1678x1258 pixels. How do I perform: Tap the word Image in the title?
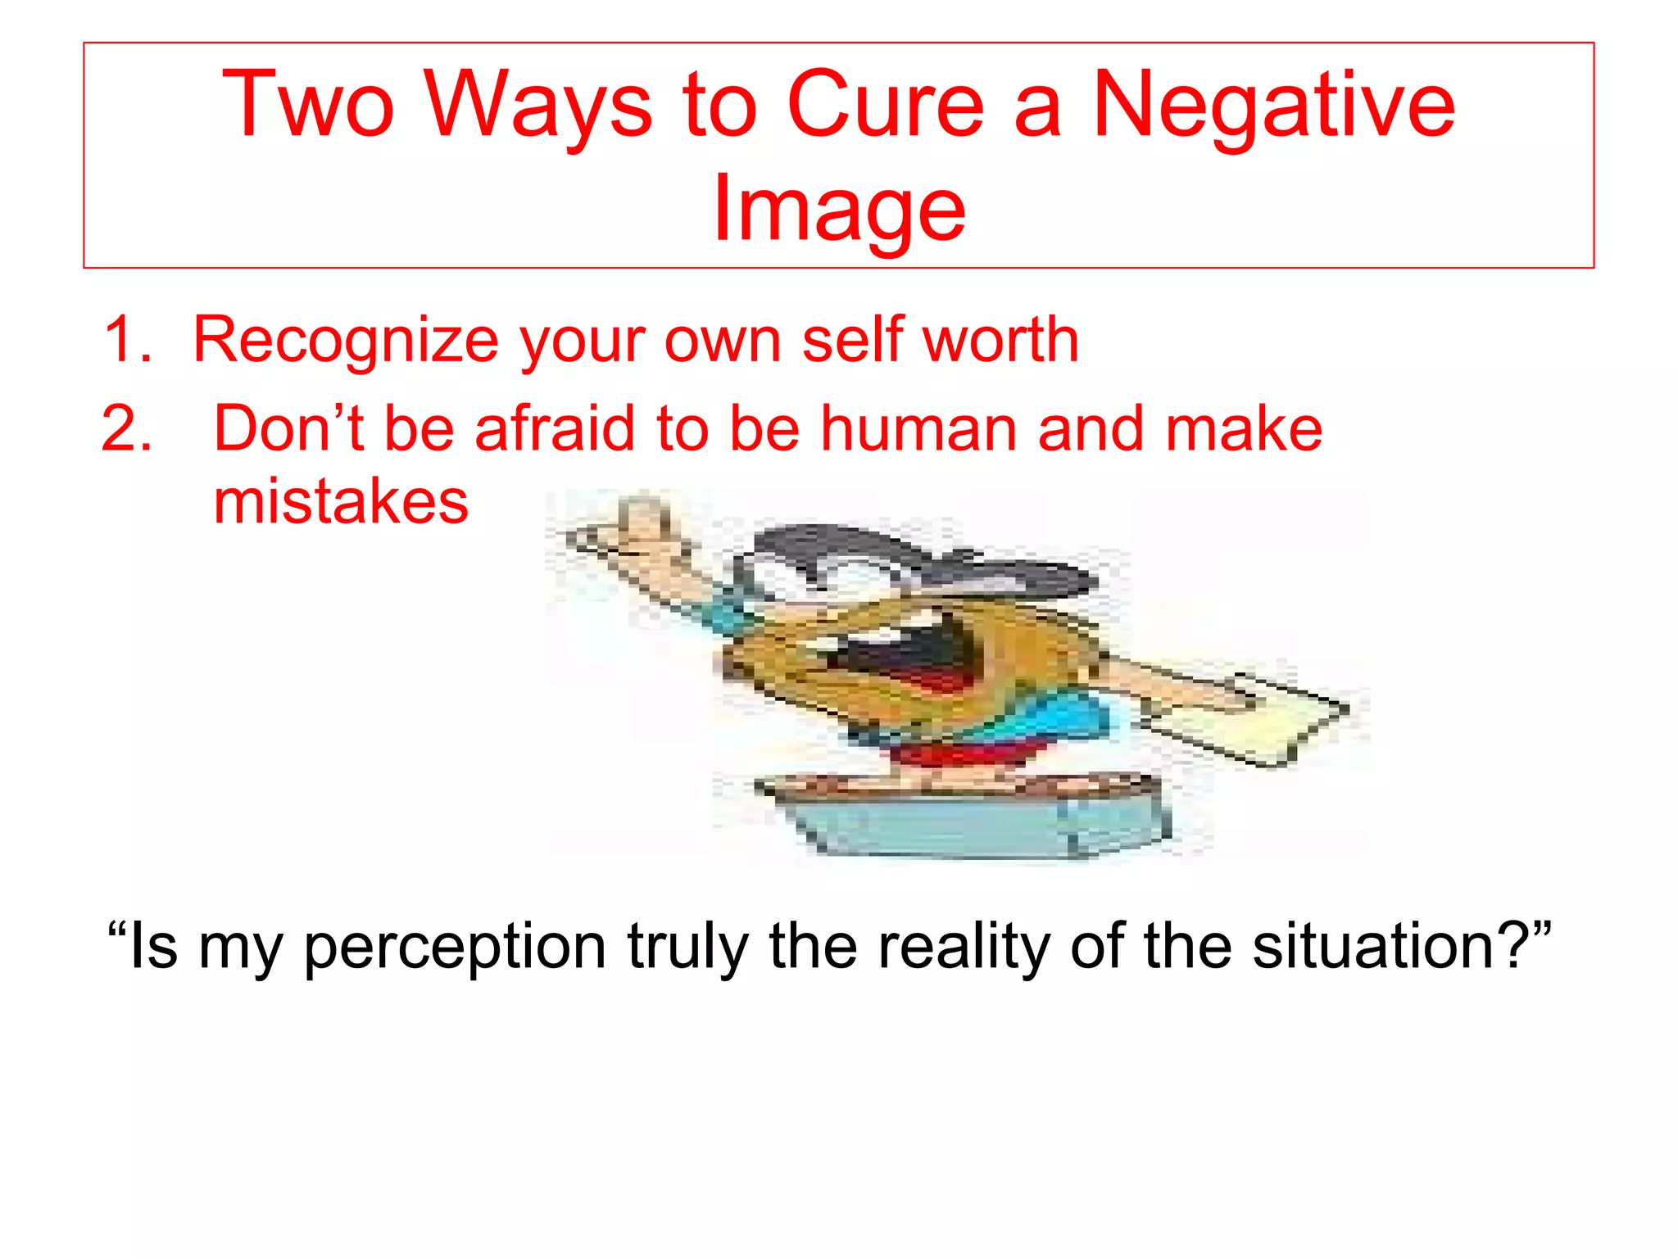pos(839,209)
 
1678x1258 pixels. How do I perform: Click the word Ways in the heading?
pos(538,106)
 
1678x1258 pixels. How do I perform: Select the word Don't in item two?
pos(288,427)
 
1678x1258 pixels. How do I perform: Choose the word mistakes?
pos(341,501)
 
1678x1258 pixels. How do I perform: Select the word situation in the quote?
pos(1385,946)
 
